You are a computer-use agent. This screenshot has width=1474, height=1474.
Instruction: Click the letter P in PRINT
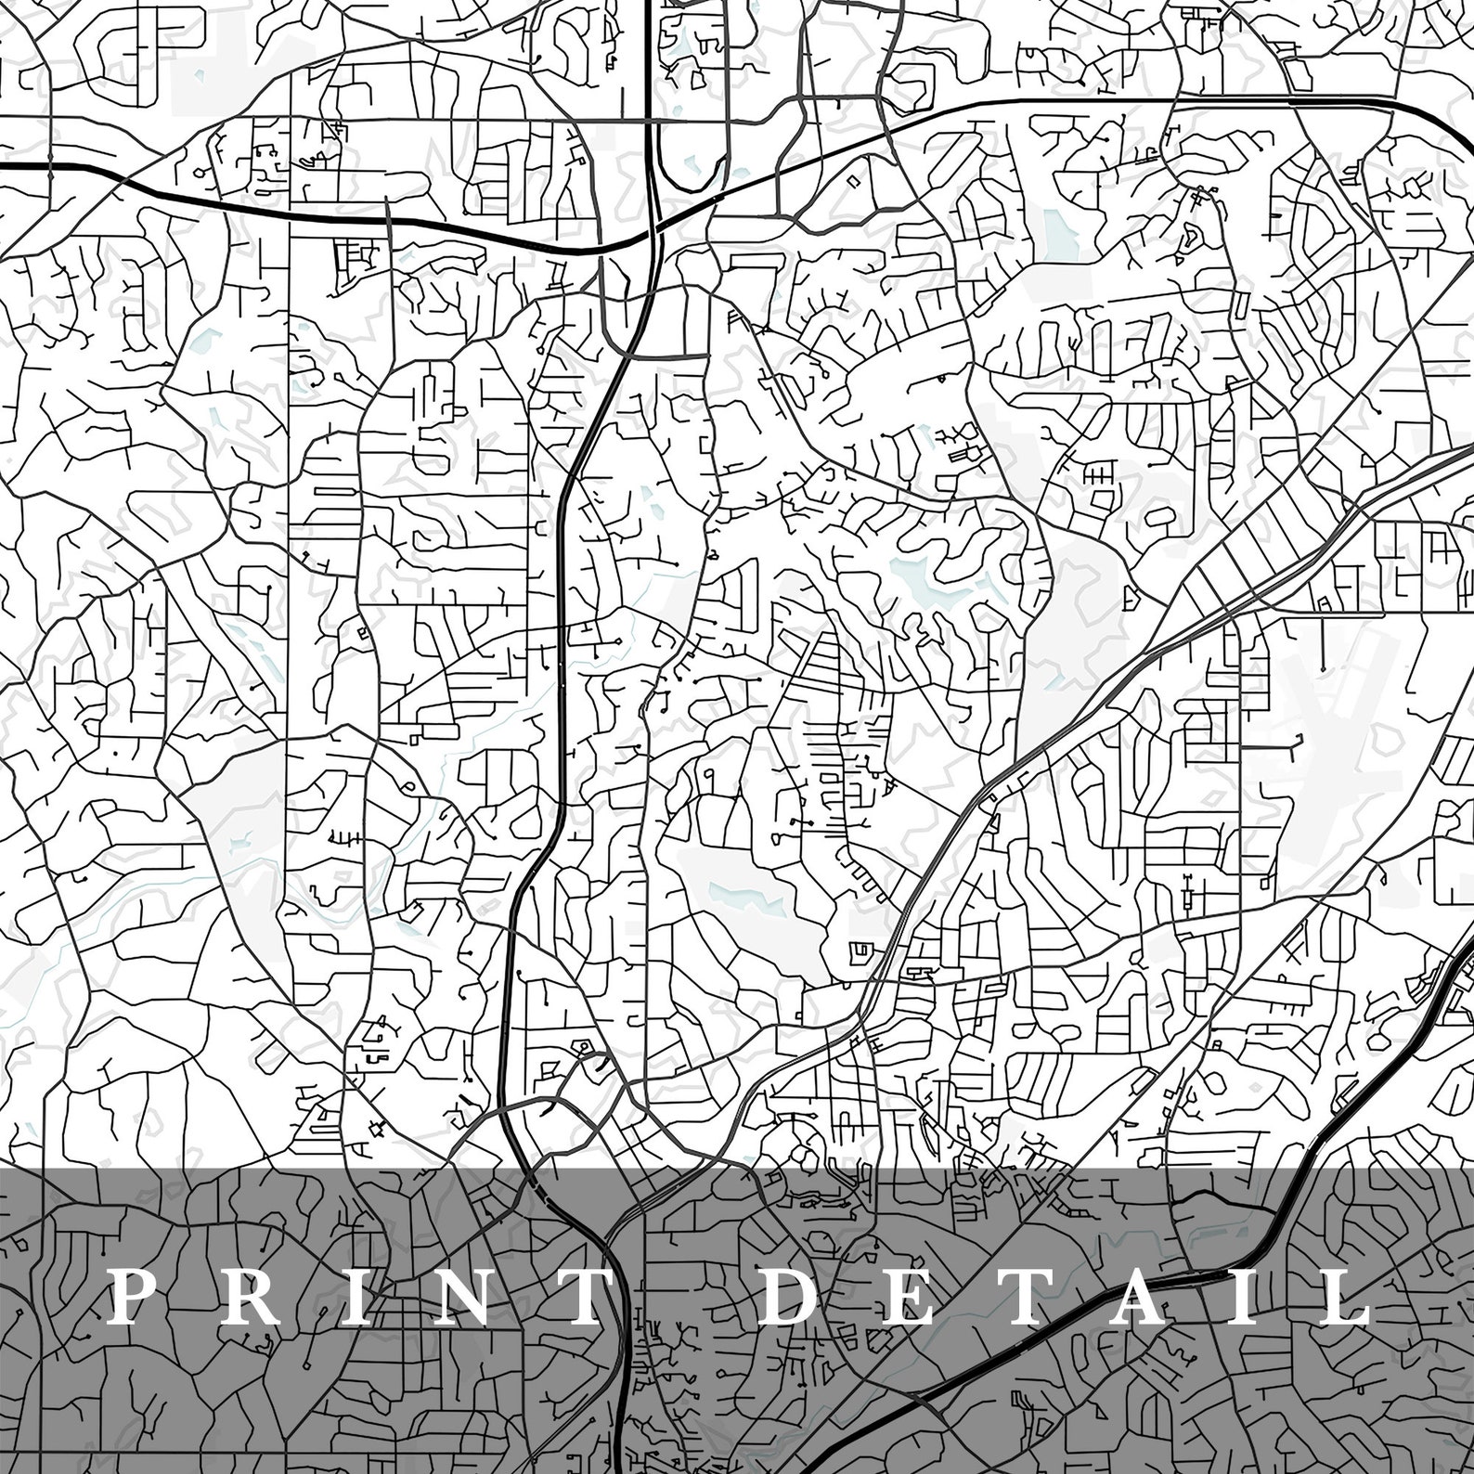(131, 1297)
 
